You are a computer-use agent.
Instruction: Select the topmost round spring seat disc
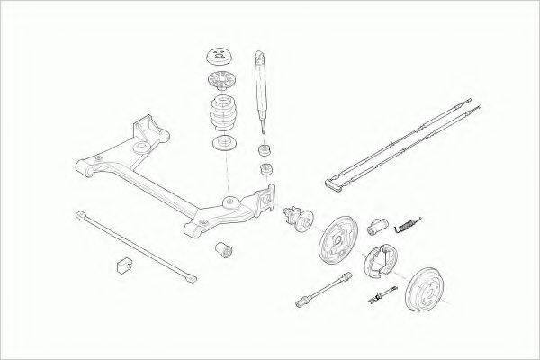pyautogui.click(x=219, y=54)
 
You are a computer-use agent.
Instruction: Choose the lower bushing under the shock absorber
pyautogui.click(x=266, y=169)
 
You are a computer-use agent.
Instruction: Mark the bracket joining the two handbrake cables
pyautogui.click(x=335, y=185)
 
